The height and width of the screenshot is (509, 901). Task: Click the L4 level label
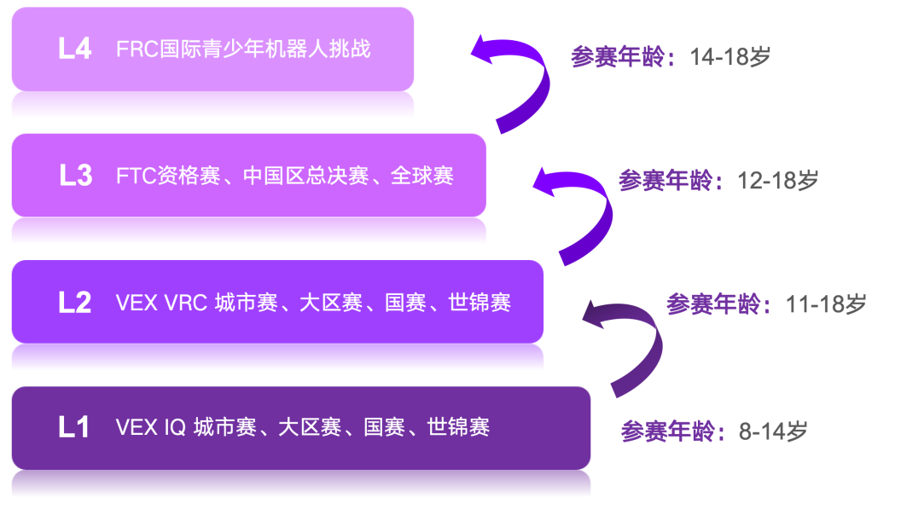pyautogui.click(x=75, y=49)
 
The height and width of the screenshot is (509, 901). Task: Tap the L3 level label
pyautogui.click(x=75, y=176)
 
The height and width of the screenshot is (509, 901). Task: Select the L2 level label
pyautogui.click(x=75, y=302)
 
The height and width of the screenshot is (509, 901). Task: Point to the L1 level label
pyautogui.click(x=74, y=427)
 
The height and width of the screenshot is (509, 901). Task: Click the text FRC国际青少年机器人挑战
pyautogui.click(x=243, y=49)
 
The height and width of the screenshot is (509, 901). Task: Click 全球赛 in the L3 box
pyautogui.click(x=422, y=176)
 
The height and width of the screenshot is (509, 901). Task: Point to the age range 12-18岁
pyautogui.click(x=778, y=180)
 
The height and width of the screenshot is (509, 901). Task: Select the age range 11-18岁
pyautogui.click(x=826, y=304)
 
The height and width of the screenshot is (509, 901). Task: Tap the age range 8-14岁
pyautogui.click(x=773, y=431)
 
